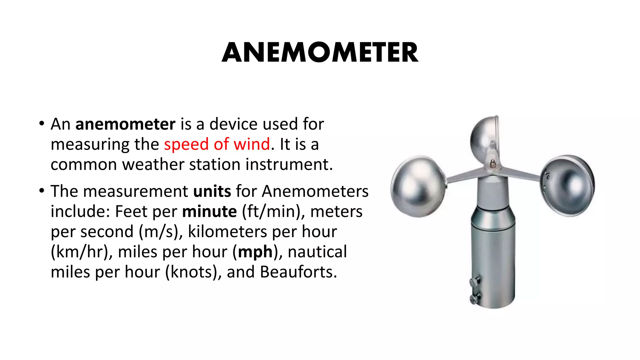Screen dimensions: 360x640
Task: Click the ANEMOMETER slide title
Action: click(x=320, y=52)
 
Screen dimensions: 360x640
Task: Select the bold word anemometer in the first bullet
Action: click(x=125, y=124)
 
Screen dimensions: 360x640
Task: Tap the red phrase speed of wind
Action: click(x=217, y=144)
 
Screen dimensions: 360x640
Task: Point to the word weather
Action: click(x=153, y=164)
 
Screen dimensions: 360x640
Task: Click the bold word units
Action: click(x=212, y=191)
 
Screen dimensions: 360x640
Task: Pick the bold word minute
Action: click(x=209, y=212)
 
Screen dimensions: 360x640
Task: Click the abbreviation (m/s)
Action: click(x=161, y=232)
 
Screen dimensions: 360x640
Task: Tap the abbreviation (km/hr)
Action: click(x=82, y=252)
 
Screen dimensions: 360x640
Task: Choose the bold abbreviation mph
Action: click(x=255, y=252)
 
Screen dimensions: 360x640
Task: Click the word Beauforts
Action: click(x=298, y=272)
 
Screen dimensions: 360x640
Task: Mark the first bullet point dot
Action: click(x=42, y=123)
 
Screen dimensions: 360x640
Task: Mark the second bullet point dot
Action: click(x=42, y=191)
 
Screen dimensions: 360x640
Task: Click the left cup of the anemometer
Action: click(x=417, y=186)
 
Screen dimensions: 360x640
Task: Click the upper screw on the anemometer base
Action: click(x=474, y=282)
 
